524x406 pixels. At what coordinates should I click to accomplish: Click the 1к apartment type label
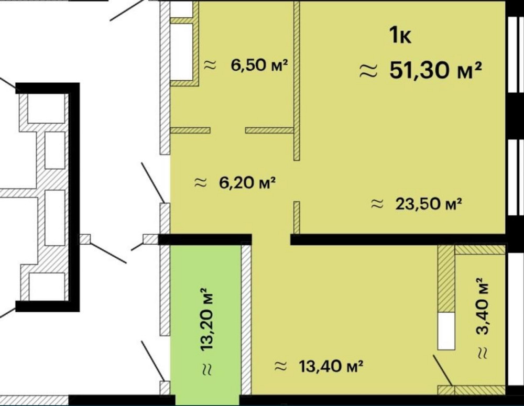400,36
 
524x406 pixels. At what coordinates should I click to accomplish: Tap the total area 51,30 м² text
435,70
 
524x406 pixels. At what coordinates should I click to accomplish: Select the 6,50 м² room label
260,65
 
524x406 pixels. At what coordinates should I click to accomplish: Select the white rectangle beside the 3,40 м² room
446,331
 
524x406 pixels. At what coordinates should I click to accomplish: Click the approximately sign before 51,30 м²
368,71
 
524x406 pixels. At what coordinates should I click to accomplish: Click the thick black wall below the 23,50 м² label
398,239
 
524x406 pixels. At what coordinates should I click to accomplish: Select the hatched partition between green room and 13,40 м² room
246,320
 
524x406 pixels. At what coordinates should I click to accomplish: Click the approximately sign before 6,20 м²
200,183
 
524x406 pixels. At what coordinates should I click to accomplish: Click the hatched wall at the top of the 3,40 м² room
479,250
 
